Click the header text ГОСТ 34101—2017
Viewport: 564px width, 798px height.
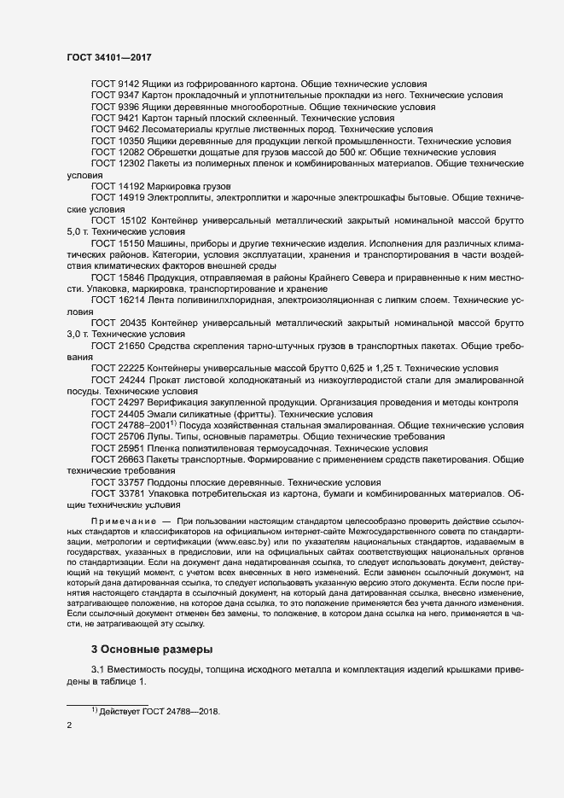point(110,56)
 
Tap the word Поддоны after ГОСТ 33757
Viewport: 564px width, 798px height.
point(174,481)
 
